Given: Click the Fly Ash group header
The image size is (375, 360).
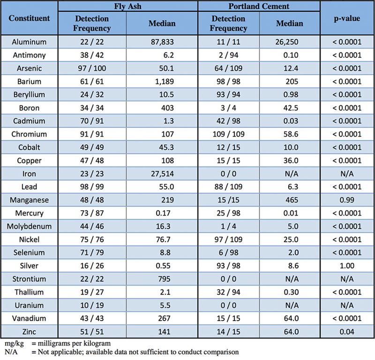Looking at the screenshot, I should pos(127,7).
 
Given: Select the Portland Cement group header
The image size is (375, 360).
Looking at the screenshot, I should pos(259,7).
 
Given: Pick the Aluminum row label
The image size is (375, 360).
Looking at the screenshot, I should pos(29,42).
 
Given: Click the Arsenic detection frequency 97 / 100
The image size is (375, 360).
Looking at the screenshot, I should pos(92,68).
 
